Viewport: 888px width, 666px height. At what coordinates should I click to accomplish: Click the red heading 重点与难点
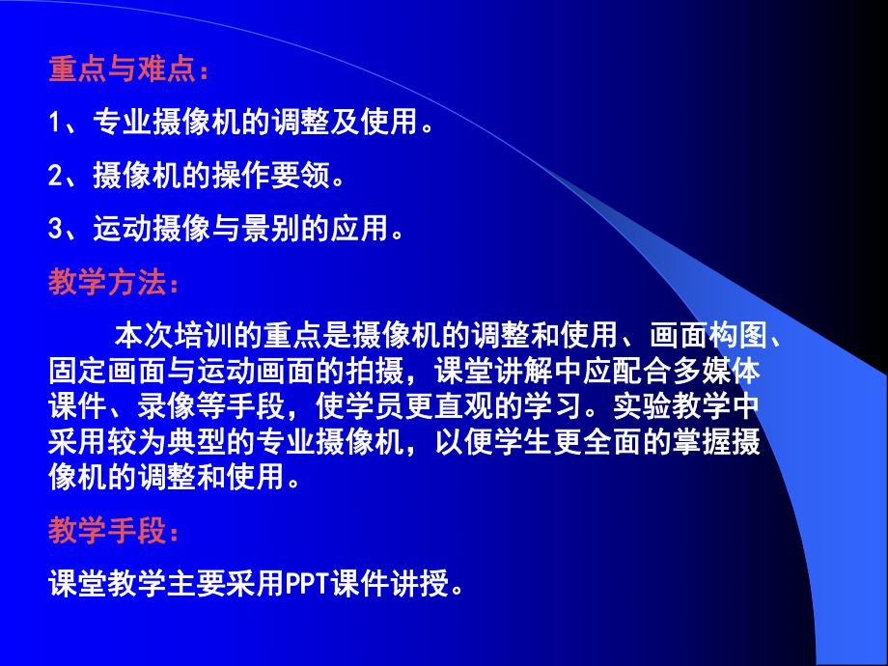coord(120,70)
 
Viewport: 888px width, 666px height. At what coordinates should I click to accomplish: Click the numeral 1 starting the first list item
coord(55,123)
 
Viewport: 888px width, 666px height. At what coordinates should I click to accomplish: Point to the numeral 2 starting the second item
coord(55,176)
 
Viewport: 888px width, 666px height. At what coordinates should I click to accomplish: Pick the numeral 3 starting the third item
coord(55,230)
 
